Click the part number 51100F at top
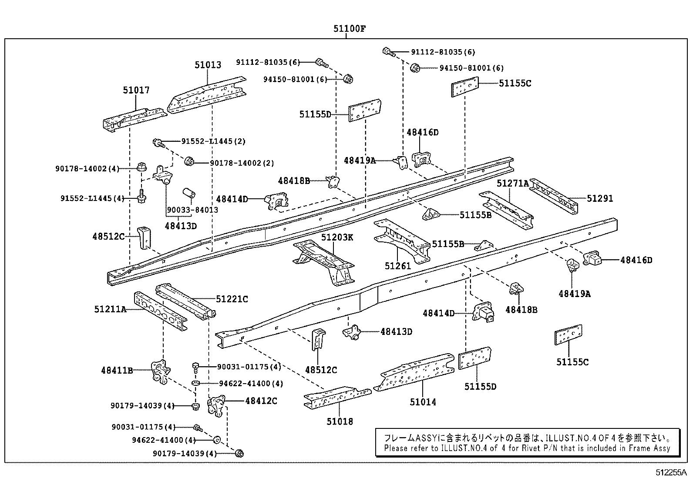click(350, 30)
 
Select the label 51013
click(208, 65)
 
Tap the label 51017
click(136, 90)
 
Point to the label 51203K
click(337, 237)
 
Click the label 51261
click(397, 266)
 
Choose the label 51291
click(599, 199)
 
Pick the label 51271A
click(513, 184)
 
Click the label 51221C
click(232, 299)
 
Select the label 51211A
click(110, 309)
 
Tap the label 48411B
click(117, 371)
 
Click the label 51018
click(340, 421)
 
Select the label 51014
click(423, 402)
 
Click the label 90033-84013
click(192, 210)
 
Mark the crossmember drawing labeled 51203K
click(324, 261)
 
